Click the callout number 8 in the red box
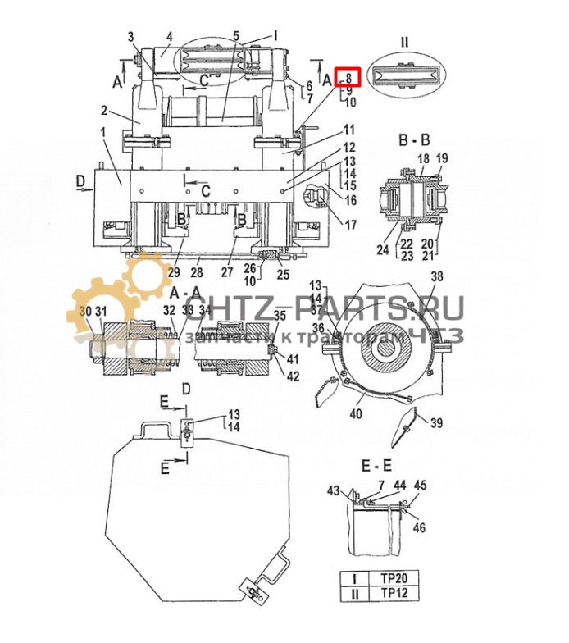click(349, 77)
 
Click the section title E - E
click(378, 465)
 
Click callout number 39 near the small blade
click(436, 423)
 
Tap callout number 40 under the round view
click(355, 414)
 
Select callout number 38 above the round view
click(437, 276)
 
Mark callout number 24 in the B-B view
click(382, 250)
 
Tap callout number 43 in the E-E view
click(333, 490)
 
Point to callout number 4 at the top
click(169, 36)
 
